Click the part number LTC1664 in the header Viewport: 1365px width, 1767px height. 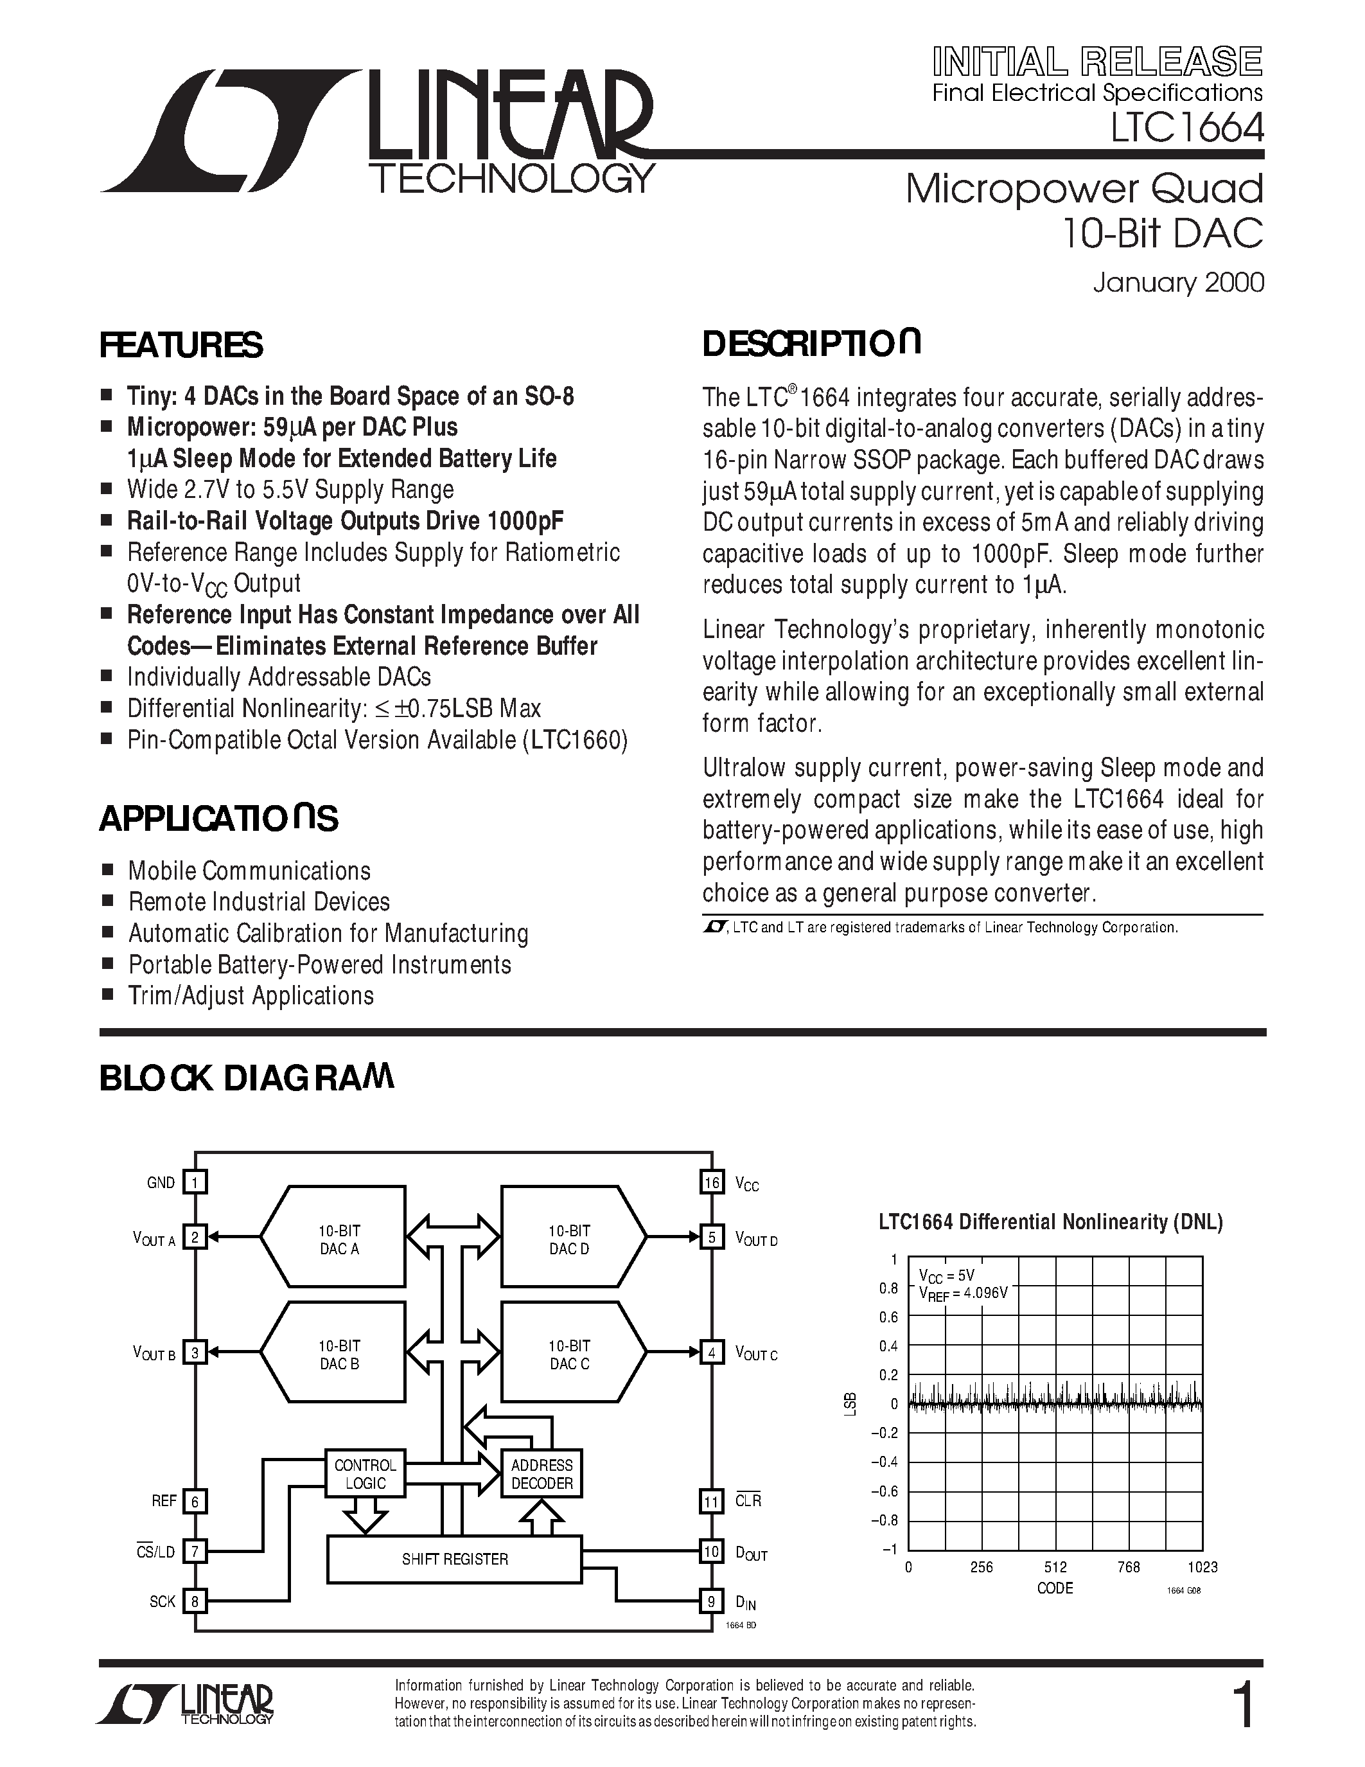[1186, 128]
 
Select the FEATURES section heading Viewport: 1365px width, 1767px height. [181, 346]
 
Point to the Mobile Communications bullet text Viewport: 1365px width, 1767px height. [249, 871]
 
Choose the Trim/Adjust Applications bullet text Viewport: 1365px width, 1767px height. [251, 996]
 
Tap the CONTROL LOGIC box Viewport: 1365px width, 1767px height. [365, 1474]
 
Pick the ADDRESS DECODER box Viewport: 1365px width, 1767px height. [542, 1474]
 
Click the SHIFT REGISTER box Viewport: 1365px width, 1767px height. [454, 1559]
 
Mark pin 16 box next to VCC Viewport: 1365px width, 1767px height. [712, 1183]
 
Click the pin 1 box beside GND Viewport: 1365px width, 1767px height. [195, 1183]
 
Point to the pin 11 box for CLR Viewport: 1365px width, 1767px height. [712, 1502]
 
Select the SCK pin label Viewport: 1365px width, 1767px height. [163, 1602]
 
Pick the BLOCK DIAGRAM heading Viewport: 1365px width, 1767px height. [247, 1079]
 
